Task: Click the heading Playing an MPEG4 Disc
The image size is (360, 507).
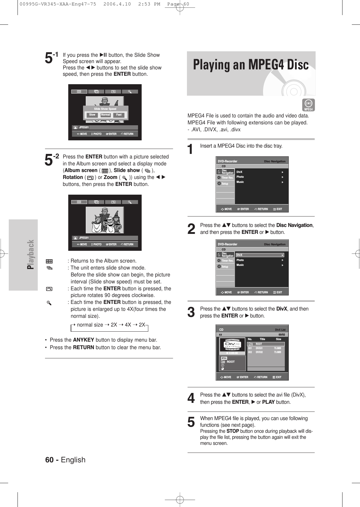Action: [x=251, y=65]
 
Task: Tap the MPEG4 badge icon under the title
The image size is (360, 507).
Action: [x=308, y=105]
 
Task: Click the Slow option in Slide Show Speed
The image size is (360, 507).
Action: [x=92, y=115]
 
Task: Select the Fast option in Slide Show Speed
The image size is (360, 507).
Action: [x=119, y=115]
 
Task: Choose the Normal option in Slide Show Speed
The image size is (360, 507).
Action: [x=105, y=115]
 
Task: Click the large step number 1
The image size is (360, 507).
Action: [x=190, y=149]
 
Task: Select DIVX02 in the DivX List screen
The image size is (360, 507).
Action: [x=259, y=352]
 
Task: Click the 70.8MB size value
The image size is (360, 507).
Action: [x=277, y=348]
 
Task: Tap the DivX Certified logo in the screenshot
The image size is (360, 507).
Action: [x=232, y=345]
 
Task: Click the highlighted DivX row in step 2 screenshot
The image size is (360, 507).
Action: [x=260, y=255]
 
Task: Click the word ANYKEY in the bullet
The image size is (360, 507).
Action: [x=83, y=340]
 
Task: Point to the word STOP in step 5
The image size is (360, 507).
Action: [x=233, y=431]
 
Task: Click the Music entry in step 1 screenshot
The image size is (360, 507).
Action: [x=240, y=182]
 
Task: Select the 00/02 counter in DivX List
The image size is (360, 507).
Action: [x=281, y=335]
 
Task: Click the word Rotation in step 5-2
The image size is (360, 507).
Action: [x=73, y=177]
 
